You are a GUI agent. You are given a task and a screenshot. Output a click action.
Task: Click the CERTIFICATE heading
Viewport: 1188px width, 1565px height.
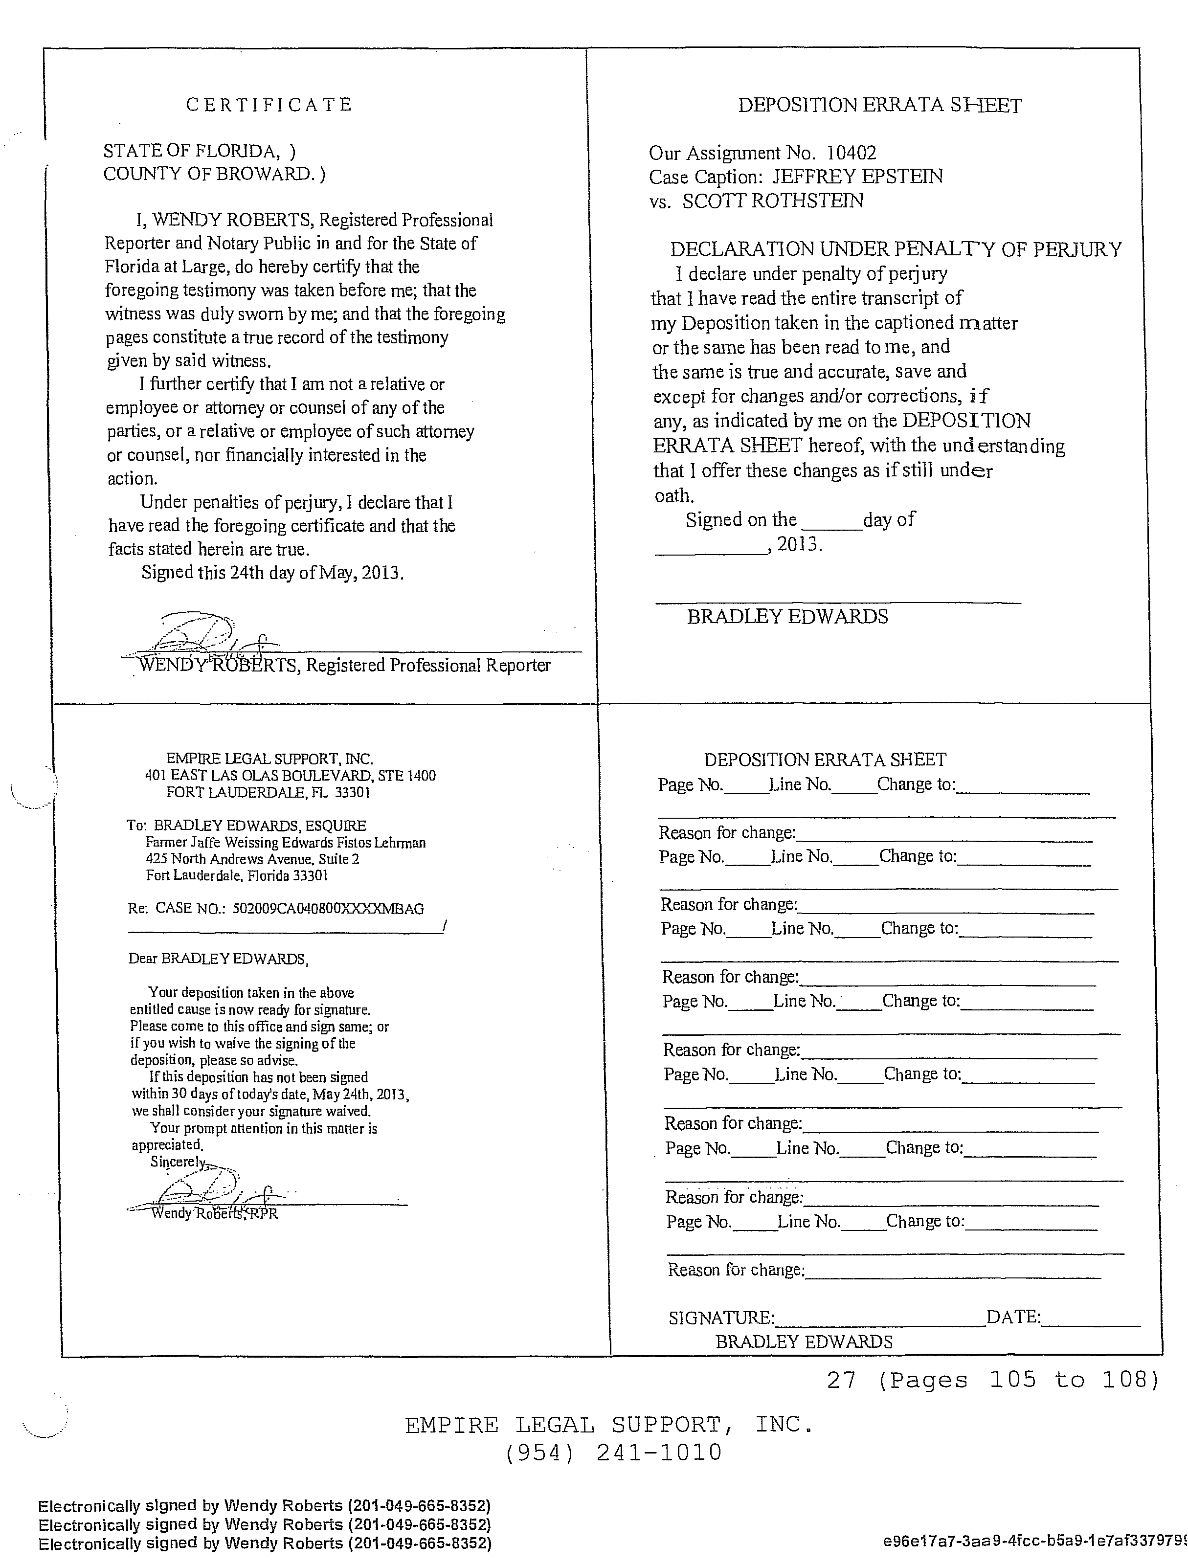(269, 105)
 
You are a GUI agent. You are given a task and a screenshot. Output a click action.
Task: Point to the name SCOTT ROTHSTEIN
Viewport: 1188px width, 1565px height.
(773, 201)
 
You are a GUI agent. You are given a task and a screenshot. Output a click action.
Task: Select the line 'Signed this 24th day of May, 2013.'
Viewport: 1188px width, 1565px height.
(272, 572)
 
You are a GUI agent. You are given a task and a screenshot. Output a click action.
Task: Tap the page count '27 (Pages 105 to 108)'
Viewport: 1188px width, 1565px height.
(993, 1379)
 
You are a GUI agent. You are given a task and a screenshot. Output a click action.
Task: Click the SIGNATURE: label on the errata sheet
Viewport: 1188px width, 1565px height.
(721, 1318)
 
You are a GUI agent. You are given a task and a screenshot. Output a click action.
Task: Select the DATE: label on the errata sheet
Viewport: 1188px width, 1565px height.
(1013, 1317)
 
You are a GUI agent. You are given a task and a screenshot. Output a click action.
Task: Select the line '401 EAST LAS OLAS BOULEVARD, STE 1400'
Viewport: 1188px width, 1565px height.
(290, 776)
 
